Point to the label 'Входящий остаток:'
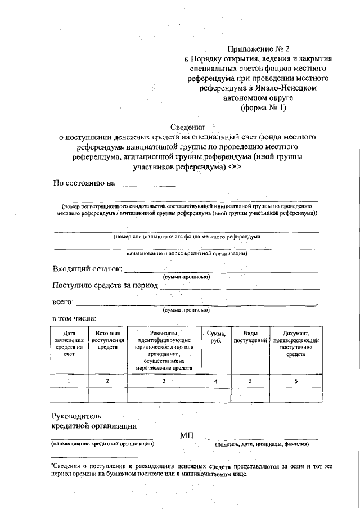coord(87,268)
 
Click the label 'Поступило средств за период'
coord(105,285)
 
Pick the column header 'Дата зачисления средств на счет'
coord(69,344)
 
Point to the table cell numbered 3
coord(164,381)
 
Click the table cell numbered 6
coord(296,381)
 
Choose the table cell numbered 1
coord(69,381)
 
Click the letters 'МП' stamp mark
coord(187,435)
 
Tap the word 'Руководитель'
coord(76,416)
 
